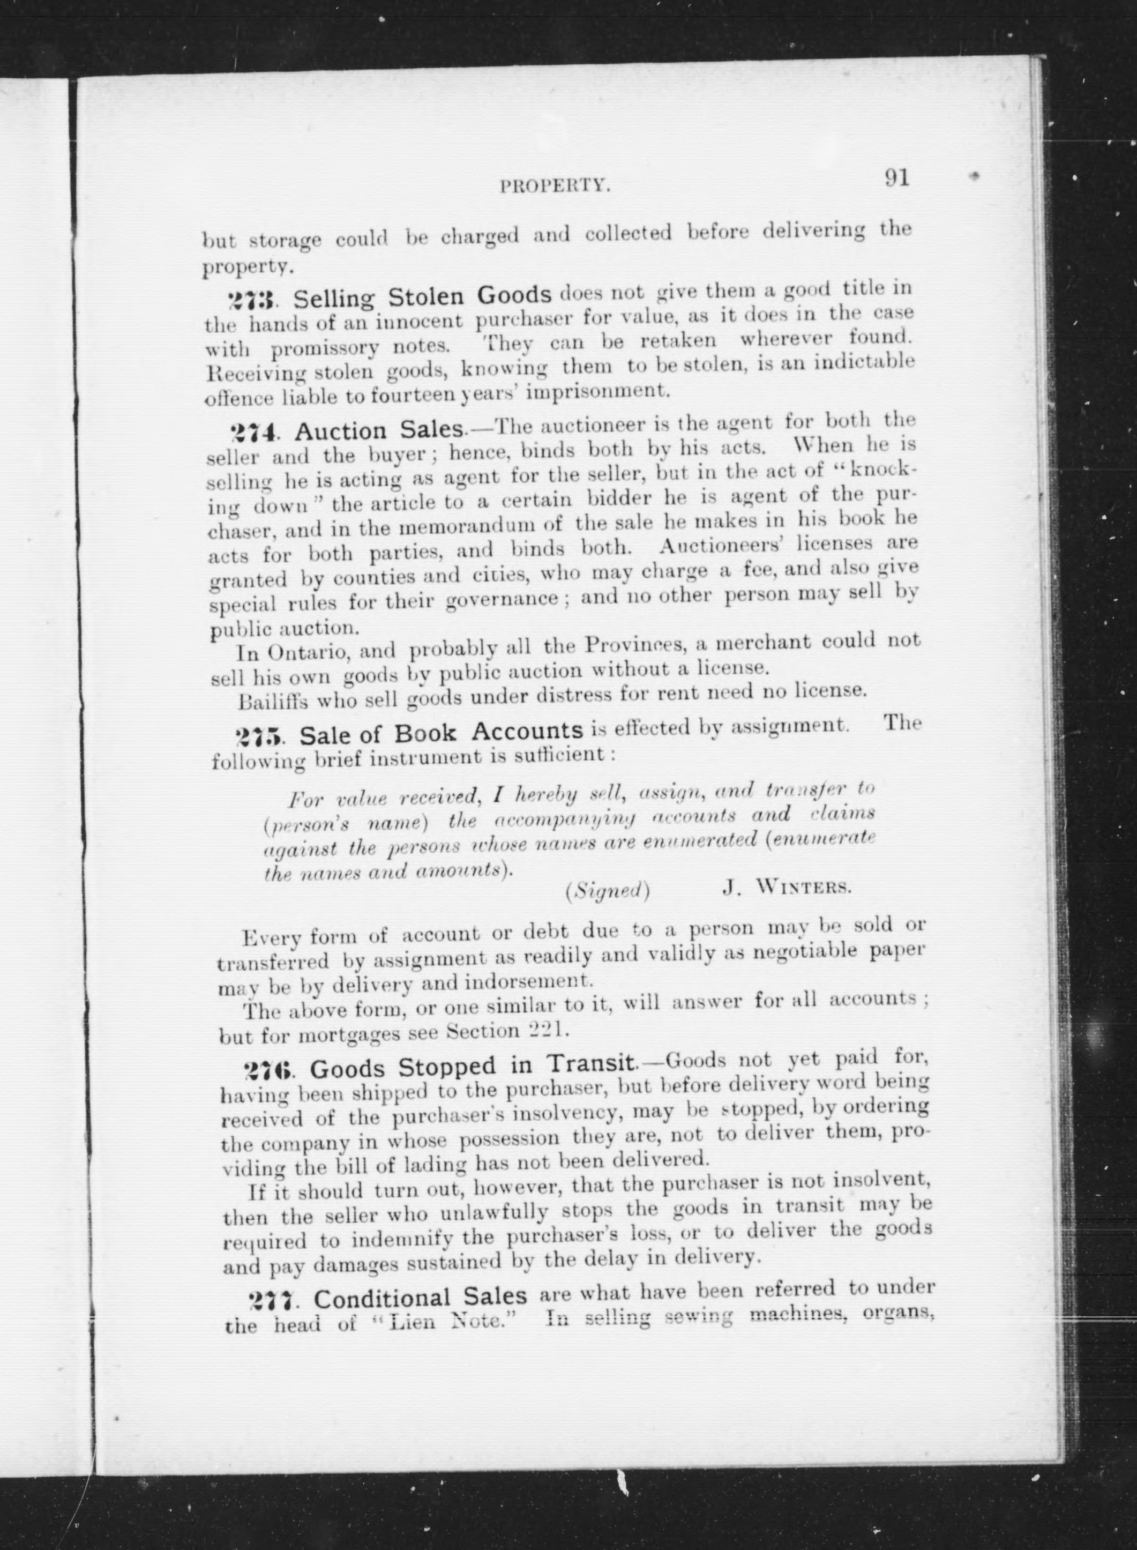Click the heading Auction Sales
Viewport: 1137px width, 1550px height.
click(x=378, y=430)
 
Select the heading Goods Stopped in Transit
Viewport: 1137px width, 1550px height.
click(x=472, y=1067)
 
